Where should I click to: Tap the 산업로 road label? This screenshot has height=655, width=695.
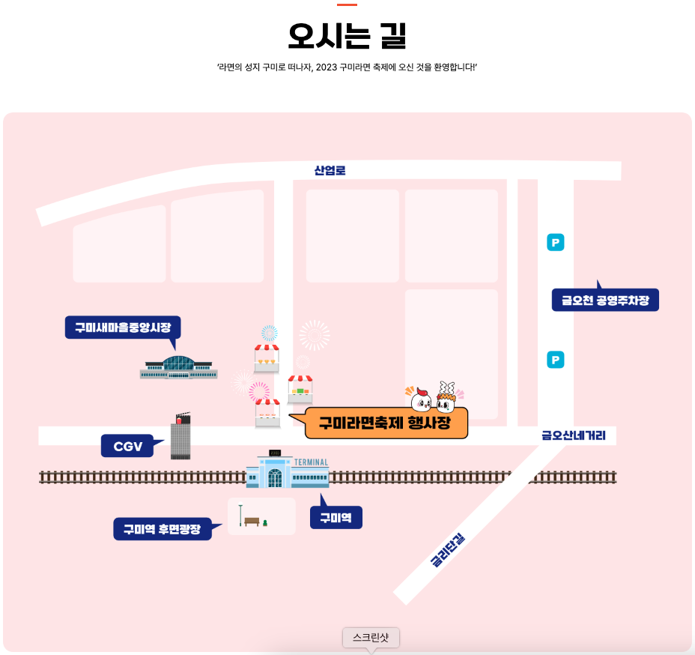click(330, 171)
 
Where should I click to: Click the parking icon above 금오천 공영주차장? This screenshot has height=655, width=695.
click(556, 242)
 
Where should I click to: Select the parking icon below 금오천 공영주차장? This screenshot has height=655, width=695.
click(556, 360)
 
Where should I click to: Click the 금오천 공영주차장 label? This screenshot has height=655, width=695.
click(605, 301)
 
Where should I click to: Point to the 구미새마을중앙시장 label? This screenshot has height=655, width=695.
click(123, 327)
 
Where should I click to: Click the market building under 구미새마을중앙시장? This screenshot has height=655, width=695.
click(178, 366)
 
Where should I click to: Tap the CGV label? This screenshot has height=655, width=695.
click(127, 447)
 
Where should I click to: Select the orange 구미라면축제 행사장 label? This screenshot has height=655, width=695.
click(386, 423)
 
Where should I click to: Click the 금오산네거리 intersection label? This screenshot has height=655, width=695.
click(574, 435)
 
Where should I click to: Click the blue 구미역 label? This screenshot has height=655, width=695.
click(336, 518)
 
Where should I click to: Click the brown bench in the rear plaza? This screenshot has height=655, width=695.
click(252, 522)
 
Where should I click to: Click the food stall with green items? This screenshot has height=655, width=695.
click(300, 390)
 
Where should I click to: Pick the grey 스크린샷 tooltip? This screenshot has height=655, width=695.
click(371, 638)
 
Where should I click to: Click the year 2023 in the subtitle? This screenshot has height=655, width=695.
click(327, 67)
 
